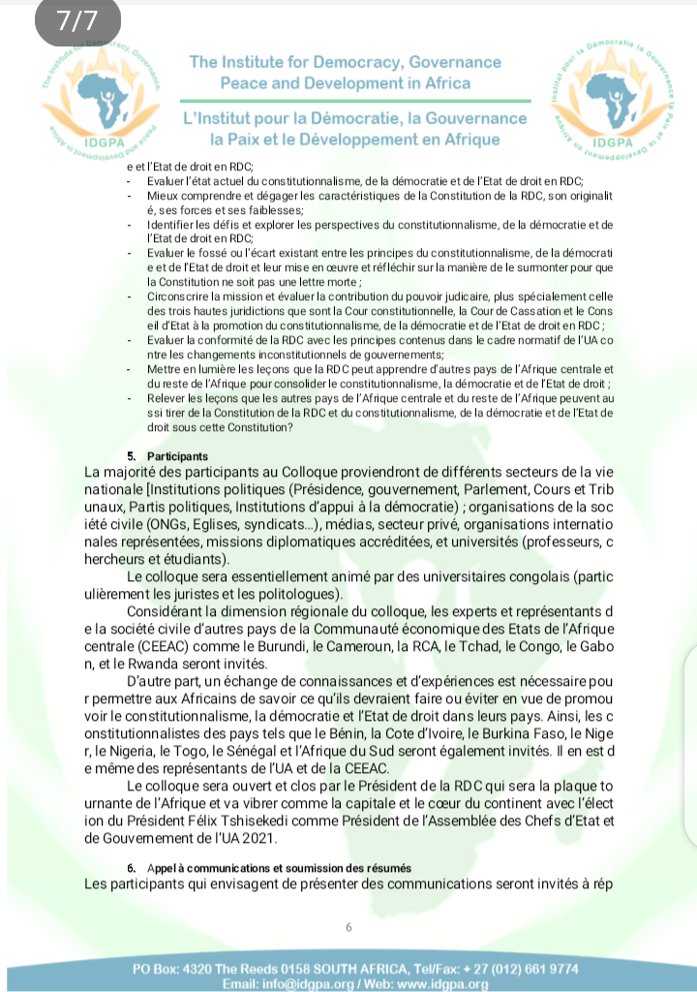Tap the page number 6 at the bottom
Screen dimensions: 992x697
tap(348, 927)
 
